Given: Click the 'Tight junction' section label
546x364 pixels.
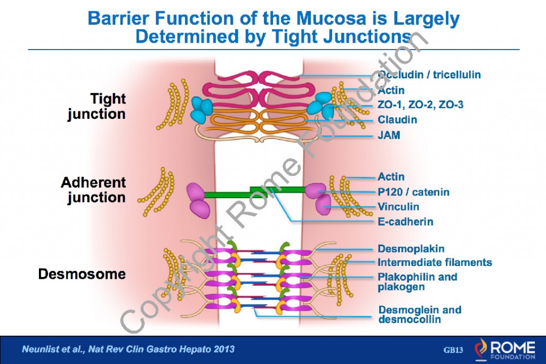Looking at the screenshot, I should (x=97, y=106).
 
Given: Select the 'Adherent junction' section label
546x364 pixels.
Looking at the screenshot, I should (x=93, y=190).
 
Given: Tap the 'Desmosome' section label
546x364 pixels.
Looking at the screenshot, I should (x=82, y=274).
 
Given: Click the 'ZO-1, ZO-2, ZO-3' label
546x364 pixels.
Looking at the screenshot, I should (x=420, y=105).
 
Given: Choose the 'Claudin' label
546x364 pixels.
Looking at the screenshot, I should (x=397, y=120).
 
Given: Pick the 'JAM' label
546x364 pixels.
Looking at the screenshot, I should (x=389, y=135).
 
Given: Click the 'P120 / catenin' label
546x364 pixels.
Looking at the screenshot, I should (x=413, y=192).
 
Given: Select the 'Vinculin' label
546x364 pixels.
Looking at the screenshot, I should (x=398, y=207).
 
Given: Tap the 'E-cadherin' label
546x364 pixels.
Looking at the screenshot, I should (x=405, y=222).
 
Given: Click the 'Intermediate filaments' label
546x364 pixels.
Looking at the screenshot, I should (x=435, y=262).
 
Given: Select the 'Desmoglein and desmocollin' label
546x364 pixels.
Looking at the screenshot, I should (x=420, y=314).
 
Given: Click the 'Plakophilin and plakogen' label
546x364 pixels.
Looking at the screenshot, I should (x=417, y=281).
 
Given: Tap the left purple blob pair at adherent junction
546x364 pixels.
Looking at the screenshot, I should (x=197, y=200).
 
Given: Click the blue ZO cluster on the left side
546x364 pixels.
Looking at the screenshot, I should (x=202, y=109).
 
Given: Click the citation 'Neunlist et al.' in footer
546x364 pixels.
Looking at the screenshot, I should (x=127, y=350).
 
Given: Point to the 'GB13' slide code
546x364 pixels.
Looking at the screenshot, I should (x=453, y=350).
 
